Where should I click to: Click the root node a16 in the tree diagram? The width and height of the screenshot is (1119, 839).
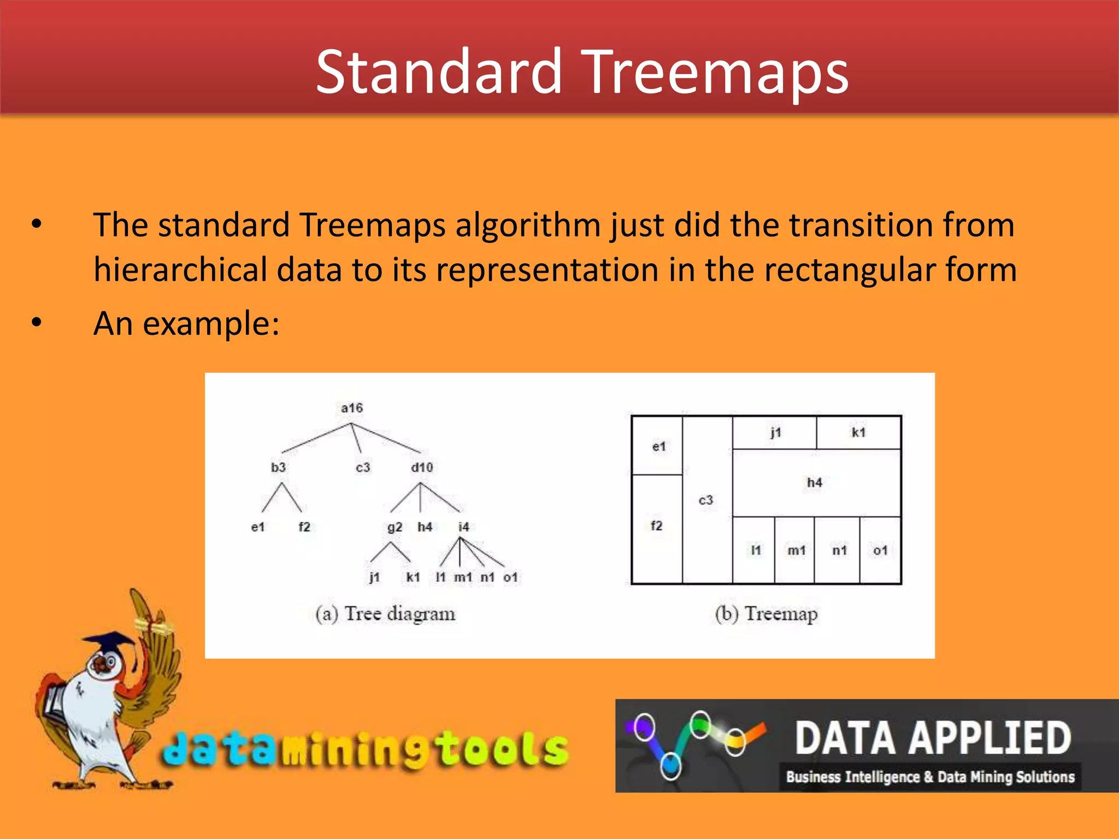click(351, 408)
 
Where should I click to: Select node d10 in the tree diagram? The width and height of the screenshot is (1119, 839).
click(422, 468)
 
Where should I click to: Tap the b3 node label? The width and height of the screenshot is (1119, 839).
click(278, 468)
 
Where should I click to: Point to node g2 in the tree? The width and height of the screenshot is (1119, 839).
click(394, 527)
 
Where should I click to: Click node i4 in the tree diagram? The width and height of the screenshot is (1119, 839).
click(463, 527)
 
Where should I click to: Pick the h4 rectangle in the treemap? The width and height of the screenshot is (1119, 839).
click(815, 483)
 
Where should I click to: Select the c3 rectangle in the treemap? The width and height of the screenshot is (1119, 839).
click(706, 500)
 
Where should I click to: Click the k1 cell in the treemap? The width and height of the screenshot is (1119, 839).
click(859, 433)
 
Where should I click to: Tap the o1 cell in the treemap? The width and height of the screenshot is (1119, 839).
click(880, 551)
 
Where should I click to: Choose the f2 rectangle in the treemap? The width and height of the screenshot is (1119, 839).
click(657, 526)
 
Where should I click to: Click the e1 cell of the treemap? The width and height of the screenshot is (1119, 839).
click(659, 447)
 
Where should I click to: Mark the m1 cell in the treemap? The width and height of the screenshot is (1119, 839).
click(796, 551)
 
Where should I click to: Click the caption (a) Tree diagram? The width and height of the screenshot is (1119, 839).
click(385, 614)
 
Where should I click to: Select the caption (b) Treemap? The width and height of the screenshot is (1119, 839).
click(766, 614)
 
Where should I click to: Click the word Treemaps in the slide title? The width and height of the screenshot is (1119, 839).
click(715, 72)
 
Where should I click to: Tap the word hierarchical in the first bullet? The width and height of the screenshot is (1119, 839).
click(180, 270)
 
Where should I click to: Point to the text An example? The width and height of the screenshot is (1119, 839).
click(186, 323)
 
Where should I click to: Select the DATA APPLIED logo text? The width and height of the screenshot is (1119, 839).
click(933, 738)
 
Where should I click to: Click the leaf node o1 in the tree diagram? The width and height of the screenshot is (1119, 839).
click(510, 577)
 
